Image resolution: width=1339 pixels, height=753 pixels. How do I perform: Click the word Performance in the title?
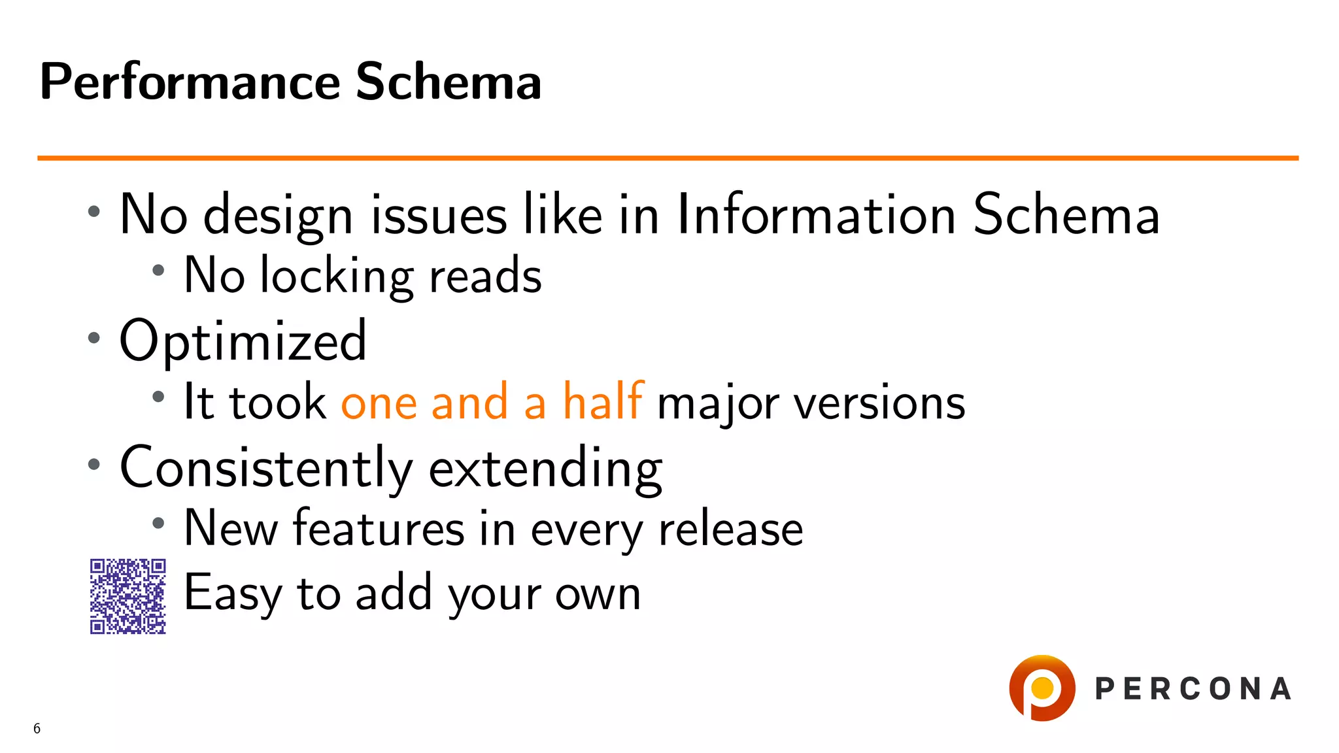(x=190, y=82)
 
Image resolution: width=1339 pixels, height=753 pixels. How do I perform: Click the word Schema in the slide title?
(x=449, y=82)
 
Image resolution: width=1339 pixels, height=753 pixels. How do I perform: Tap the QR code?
(x=127, y=596)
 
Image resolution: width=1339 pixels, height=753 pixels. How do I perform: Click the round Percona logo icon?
(x=1042, y=688)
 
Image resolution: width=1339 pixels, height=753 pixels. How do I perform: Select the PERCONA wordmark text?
(x=1193, y=689)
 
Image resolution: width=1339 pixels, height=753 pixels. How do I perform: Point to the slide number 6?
(x=37, y=728)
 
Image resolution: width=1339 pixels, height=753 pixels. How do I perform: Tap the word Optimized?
(x=243, y=341)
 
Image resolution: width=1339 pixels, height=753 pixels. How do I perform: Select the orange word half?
(x=603, y=401)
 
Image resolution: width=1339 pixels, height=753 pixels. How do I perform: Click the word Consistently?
(x=266, y=468)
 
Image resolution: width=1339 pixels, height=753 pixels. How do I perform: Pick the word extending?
(x=545, y=468)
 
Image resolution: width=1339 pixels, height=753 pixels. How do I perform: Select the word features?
(x=379, y=528)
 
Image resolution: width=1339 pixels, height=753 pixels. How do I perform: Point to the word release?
(x=730, y=528)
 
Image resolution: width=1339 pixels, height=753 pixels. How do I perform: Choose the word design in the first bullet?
(x=279, y=216)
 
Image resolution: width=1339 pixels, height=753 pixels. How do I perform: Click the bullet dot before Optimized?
(x=94, y=338)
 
